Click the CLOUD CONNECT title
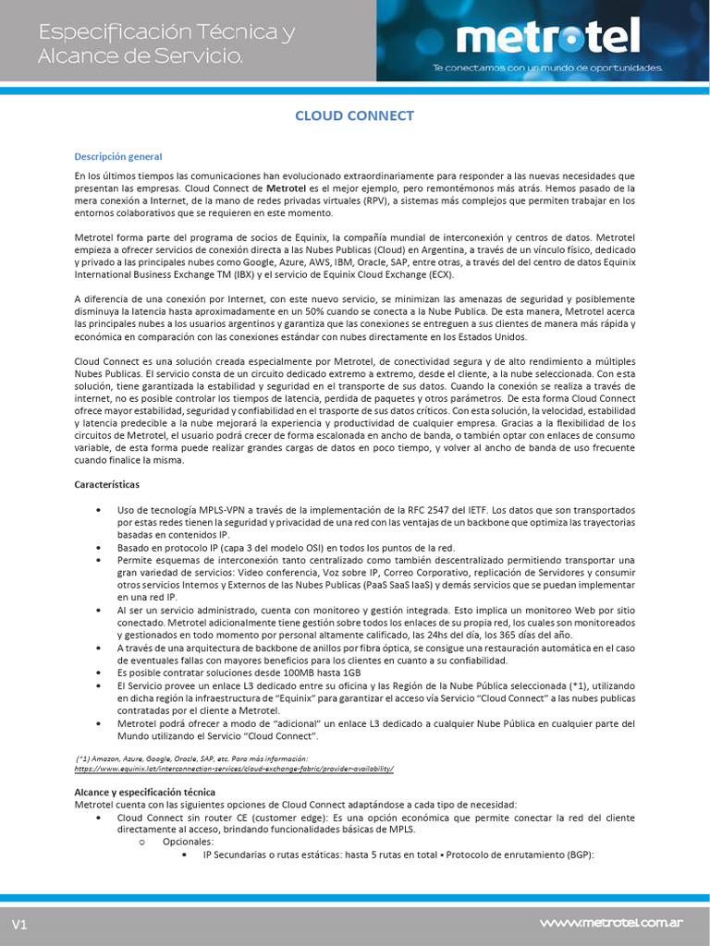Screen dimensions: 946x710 354,115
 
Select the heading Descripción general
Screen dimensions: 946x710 117,156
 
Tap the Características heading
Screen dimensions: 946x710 107,483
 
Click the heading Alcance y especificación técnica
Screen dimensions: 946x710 144,792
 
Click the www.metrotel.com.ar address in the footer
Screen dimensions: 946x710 611,922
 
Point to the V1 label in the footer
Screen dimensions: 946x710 20,925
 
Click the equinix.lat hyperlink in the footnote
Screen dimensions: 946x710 234,768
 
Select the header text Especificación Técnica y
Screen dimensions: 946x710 166,33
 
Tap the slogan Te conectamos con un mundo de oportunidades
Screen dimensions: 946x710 548,67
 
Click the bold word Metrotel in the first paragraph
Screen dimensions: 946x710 286,188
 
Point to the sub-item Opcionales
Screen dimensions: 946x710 188,842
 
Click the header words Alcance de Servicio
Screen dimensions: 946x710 140,56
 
